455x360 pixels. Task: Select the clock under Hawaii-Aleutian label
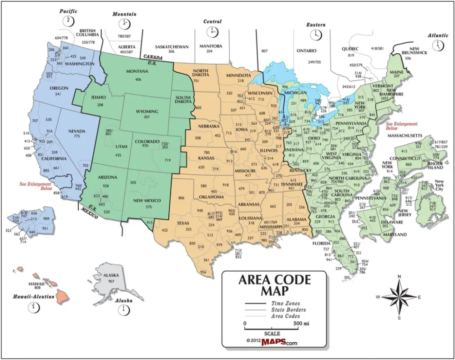33,308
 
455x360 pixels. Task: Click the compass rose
399,297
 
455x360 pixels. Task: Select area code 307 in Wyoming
147,117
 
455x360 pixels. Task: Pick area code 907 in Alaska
111,281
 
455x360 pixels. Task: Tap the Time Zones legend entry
285,304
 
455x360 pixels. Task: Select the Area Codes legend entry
285,316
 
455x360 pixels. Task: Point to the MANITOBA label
210,46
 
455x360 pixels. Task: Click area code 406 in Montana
138,80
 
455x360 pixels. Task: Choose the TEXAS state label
182,223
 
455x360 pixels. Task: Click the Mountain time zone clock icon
124,24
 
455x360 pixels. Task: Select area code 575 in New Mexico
148,207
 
